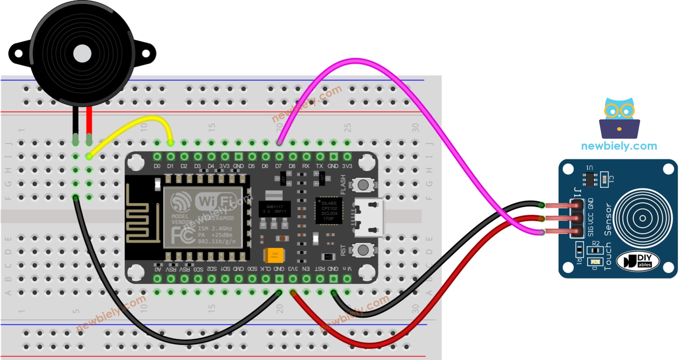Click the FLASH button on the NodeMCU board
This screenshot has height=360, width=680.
click(363, 185)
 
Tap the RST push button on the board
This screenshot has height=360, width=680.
click(363, 250)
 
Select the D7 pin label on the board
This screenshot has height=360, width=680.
click(278, 166)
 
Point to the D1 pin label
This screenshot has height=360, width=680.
click(170, 166)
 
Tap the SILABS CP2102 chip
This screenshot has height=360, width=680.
click(329, 211)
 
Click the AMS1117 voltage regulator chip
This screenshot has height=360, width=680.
click(274, 209)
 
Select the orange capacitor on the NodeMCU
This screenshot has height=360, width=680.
click(274, 255)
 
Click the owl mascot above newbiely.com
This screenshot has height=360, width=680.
click(619, 118)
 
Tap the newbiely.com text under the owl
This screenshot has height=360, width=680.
click(619, 146)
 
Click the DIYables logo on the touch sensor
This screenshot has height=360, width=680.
click(638, 261)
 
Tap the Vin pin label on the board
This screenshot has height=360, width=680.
click(347, 269)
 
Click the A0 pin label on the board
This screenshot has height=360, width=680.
click(158, 269)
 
